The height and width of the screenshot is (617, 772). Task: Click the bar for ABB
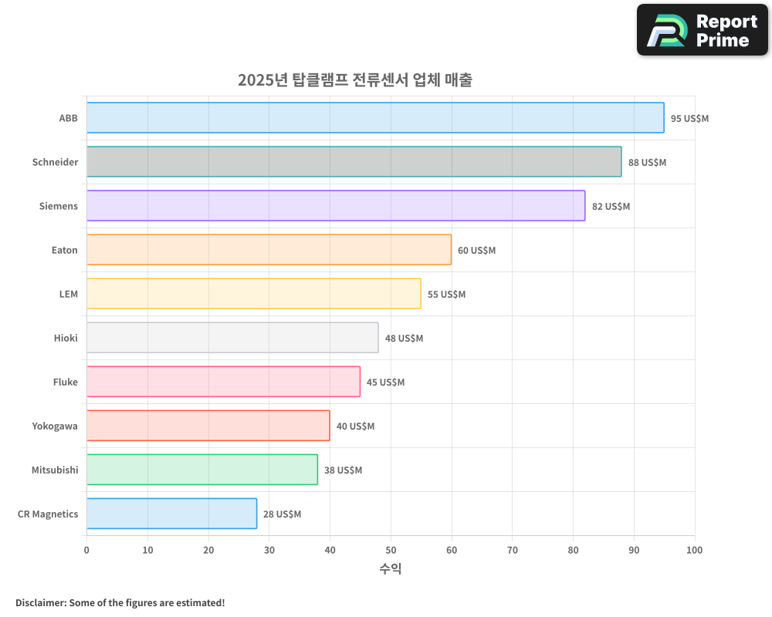tap(375, 118)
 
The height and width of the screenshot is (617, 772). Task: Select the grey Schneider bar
tap(354, 162)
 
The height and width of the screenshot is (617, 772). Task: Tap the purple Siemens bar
tap(336, 206)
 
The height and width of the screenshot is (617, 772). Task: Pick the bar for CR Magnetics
tap(171, 514)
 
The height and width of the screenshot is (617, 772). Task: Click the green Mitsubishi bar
tap(201, 470)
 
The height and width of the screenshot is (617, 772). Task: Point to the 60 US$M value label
tap(476, 251)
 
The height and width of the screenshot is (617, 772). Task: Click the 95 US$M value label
tap(689, 119)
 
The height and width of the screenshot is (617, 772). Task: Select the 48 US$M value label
tap(404, 339)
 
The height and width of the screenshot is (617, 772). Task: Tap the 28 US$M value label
tap(282, 514)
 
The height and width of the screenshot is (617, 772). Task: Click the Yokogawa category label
tap(55, 427)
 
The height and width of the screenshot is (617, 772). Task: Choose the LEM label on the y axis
tap(69, 295)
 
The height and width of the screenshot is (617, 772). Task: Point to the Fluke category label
tap(66, 383)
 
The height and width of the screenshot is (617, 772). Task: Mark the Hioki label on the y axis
tap(66, 339)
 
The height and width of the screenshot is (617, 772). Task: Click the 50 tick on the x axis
tap(391, 550)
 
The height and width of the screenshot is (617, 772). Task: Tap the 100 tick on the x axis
tap(694, 550)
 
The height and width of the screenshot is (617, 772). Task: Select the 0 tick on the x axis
tap(86, 550)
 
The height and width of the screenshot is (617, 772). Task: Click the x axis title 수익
tap(391, 569)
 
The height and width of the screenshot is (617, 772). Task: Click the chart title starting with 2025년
tap(355, 80)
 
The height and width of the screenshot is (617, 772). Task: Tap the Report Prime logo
tap(702, 30)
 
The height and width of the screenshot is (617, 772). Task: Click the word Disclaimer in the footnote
tap(39, 602)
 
